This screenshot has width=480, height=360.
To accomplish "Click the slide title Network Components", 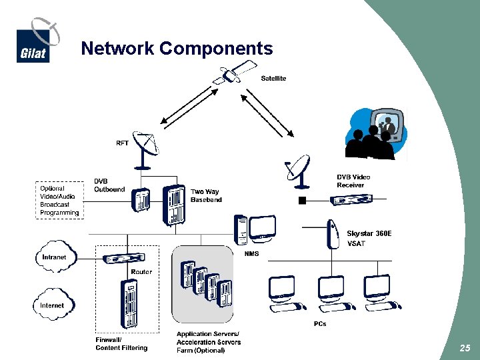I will pyautogui.click(x=177, y=49).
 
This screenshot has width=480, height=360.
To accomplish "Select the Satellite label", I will pyautogui.click(x=273, y=79).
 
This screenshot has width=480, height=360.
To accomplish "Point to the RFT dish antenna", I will pyautogui.click(x=145, y=148).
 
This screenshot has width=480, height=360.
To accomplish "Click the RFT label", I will pyautogui.click(x=123, y=143).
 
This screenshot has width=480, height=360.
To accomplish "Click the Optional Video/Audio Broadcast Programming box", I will pyautogui.click(x=59, y=200).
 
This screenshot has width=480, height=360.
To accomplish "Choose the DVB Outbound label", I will pyautogui.click(x=109, y=185).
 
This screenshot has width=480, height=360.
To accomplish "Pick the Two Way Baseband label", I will pyautogui.click(x=206, y=196).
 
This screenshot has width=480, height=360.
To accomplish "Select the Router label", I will pyautogui.click(x=141, y=272).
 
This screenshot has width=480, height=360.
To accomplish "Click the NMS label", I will pyautogui.click(x=251, y=254).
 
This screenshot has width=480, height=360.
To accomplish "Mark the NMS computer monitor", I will pyautogui.click(x=262, y=228).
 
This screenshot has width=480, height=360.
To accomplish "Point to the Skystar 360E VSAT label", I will pyautogui.click(x=369, y=239).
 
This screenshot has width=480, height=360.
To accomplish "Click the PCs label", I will pyautogui.click(x=320, y=324).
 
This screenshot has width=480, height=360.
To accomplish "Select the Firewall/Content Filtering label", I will pyautogui.click(x=121, y=344).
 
